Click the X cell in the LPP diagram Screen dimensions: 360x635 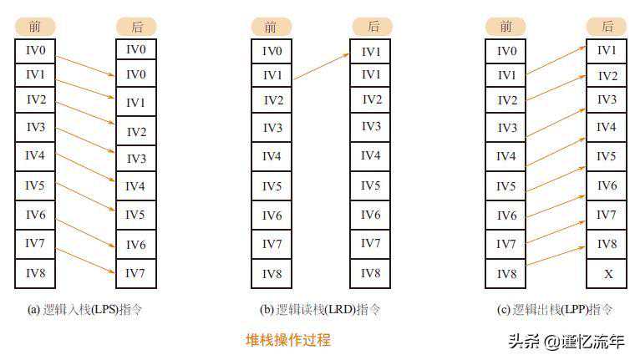(x=607, y=273)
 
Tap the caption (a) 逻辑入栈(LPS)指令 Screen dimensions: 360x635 (x=84, y=310)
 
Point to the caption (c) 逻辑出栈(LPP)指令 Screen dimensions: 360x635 (x=555, y=310)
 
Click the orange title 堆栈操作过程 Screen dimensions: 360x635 (x=287, y=340)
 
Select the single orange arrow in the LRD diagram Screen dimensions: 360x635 (x=321, y=67)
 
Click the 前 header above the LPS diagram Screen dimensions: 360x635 (x=35, y=27)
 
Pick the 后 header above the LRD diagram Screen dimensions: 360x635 (x=372, y=27)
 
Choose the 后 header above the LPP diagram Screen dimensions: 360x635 (x=607, y=27)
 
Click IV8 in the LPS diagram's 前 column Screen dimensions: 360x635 (x=35, y=273)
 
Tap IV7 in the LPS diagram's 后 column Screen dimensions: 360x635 (x=135, y=273)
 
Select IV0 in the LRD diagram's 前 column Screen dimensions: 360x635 (x=272, y=52)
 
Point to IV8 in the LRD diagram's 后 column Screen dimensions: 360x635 (x=371, y=273)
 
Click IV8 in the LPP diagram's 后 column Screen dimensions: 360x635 (x=607, y=245)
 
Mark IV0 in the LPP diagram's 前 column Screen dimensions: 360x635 (x=506, y=52)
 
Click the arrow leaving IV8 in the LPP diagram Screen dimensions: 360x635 (x=556, y=258)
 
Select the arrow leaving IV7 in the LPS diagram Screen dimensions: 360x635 (x=86, y=258)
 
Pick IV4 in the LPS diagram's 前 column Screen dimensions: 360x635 (x=35, y=155)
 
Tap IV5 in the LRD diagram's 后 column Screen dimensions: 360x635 (x=371, y=185)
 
